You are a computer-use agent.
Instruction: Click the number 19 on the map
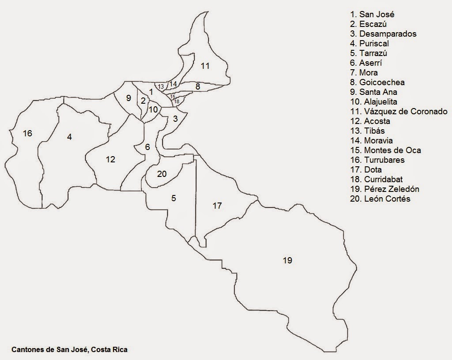tap(287, 260)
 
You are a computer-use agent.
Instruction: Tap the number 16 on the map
tap(27, 133)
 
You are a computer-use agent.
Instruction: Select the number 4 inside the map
tap(69, 137)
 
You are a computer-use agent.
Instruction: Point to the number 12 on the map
tap(110, 159)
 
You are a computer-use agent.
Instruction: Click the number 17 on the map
tap(217, 206)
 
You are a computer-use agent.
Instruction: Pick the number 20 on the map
tap(162, 174)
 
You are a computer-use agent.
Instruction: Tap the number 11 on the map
tap(204, 66)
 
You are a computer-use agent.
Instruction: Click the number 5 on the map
tap(174, 198)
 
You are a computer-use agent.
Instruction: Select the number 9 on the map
tap(128, 98)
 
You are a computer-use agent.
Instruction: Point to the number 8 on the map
tap(198, 86)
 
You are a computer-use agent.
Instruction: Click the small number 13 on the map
tap(161, 86)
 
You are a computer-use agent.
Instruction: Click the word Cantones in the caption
tap(24, 350)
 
